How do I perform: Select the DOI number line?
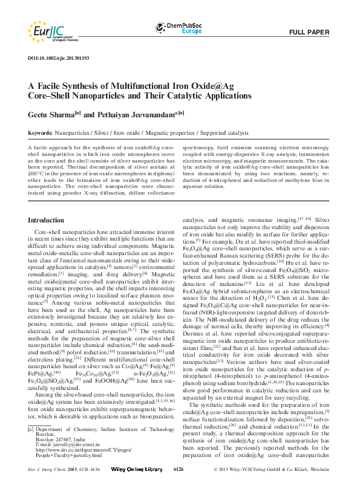pyautogui.click(x=59, y=58)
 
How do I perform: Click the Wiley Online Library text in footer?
pyautogui.click(x=142, y=469)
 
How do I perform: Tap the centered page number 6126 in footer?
pyautogui.click(x=179, y=469)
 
